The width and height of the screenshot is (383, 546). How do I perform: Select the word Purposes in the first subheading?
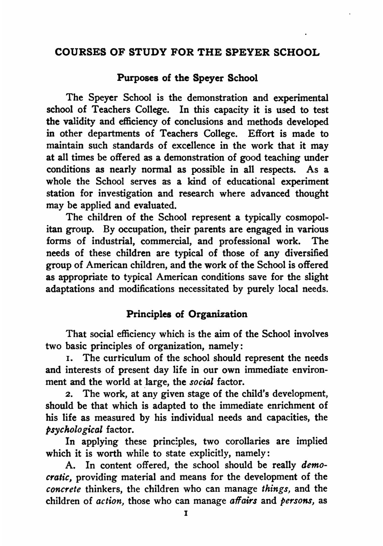pos(136,78)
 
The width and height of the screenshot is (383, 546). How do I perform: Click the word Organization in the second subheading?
pos(218,314)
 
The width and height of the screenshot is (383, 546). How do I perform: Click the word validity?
pos(78,122)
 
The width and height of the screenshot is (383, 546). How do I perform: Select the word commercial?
pos(166,241)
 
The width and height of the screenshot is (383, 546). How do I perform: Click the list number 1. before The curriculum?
pos(69,359)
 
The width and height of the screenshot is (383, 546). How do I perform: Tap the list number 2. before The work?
pos(69,394)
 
